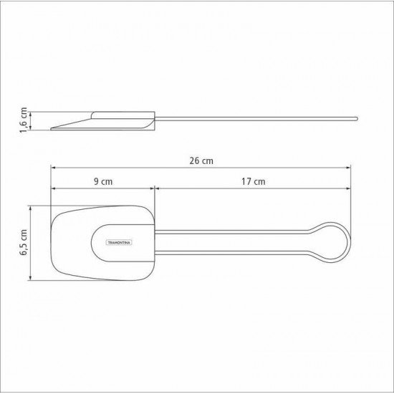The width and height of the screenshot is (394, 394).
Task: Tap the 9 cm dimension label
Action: [x=103, y=182]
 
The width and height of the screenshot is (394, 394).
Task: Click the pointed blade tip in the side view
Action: [x=54, y=130]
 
